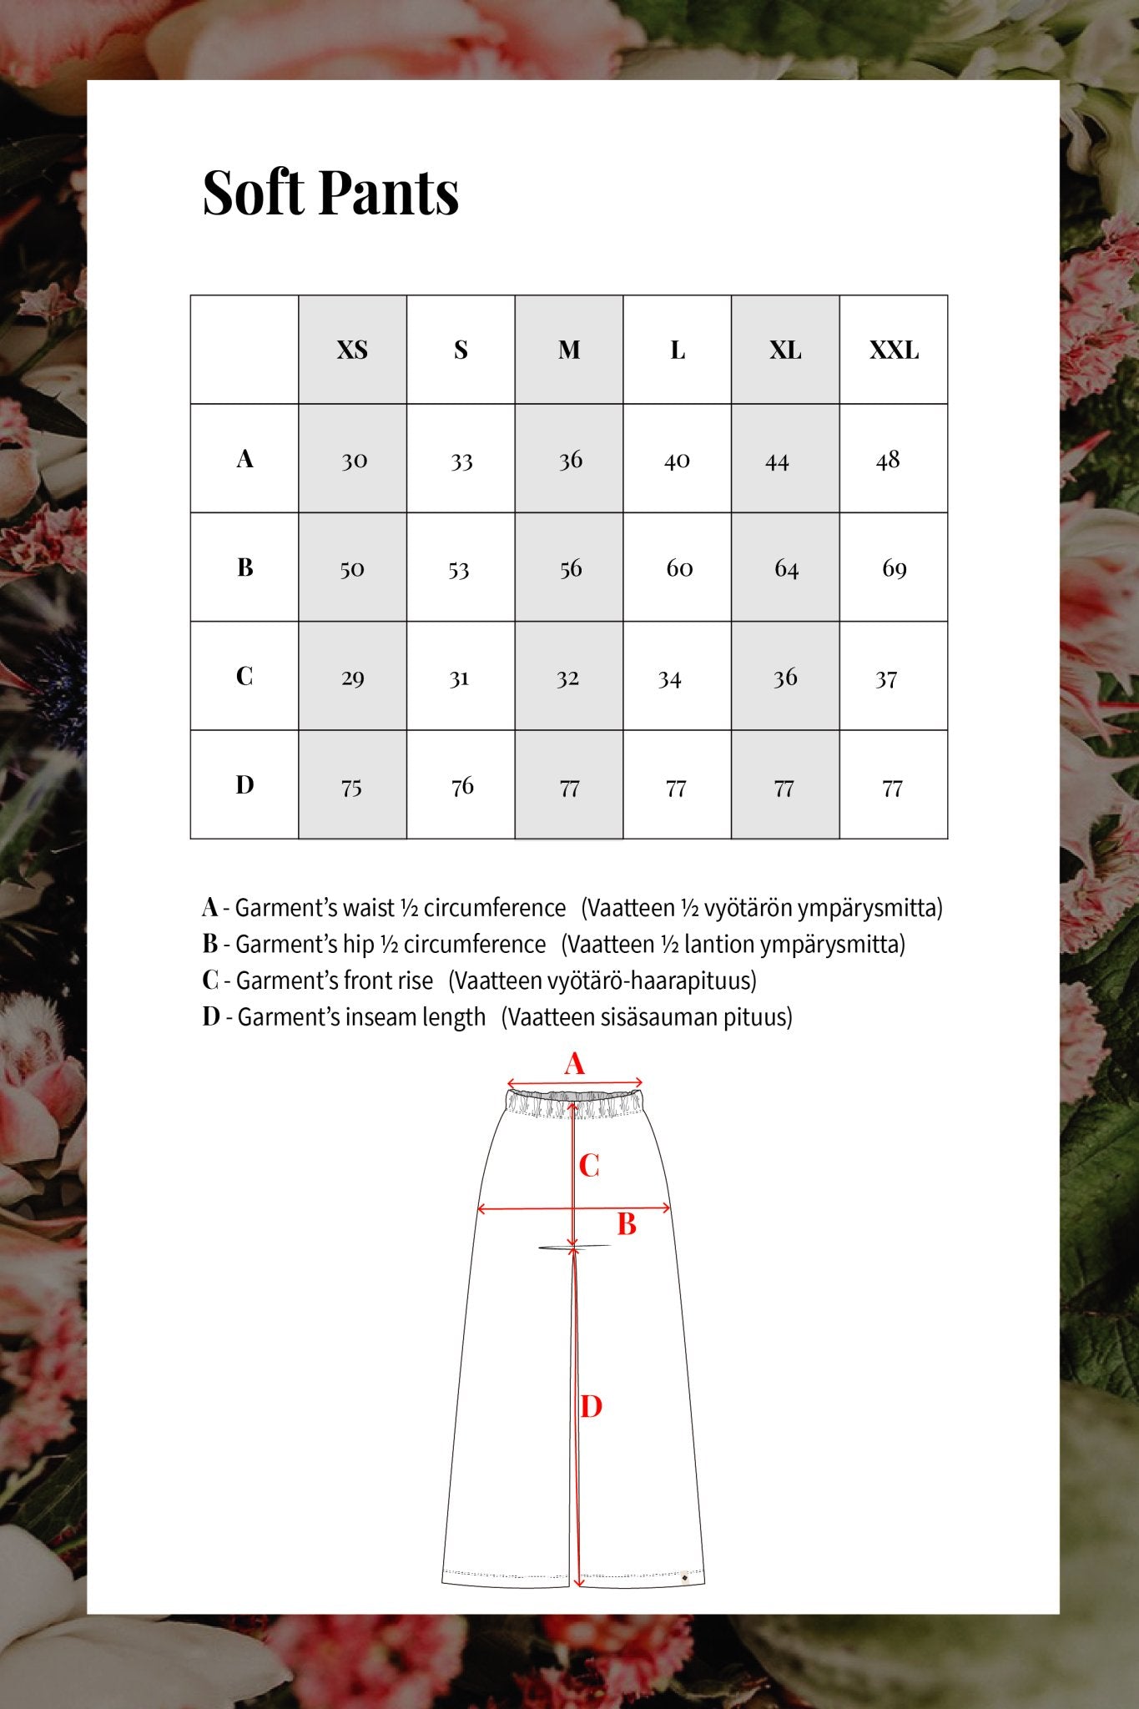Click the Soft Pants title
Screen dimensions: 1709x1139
pyautogui.click(x=330, y=193)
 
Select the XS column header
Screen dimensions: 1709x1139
pyautogui.click(x=352, y=350)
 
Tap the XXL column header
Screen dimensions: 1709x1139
pyautogui.click(x=894, y=350)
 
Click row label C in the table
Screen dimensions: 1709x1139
pyautogui.click(x=244, y=675)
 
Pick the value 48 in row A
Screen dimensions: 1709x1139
pyautogui.click(x=888, y=460)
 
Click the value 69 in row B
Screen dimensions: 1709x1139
pyautogui.click(x=894, y=568)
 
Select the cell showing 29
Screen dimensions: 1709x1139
pyautogui.click(x=352, y=678)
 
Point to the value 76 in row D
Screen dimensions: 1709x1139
pyautogui.click(x=461, y=786)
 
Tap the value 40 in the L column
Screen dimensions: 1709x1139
pyautogui.click(x=677, y=460)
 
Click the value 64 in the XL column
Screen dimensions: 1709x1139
pyautogui.click(x=786, y=568)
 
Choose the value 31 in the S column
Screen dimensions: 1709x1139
pyautogui.click(x=459, y=678)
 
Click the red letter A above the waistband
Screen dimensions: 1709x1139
pyautogui.click(x=574, y=1064)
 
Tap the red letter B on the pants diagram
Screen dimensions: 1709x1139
pyautogui.click(x=627, y=1224)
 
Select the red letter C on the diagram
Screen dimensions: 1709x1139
pyautogui.click(x=589, y=1165)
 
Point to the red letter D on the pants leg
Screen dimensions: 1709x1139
pyautogui.click(x=591, y=1406)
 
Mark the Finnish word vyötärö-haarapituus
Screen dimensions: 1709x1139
pyautogui.click(x=651, y=981)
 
